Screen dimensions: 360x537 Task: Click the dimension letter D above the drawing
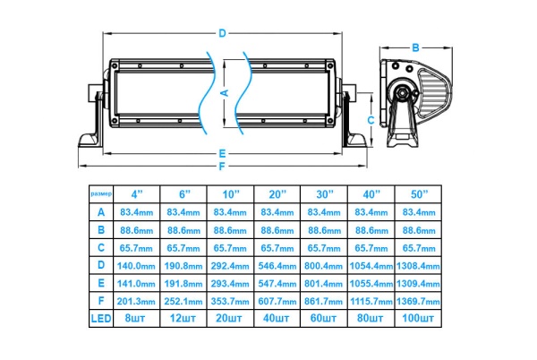(x=221, y=34)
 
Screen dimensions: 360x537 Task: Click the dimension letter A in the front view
(x=224, y=92)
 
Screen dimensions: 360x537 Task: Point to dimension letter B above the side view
(x=415, y=47)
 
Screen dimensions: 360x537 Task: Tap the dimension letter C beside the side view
(x=371, y=118)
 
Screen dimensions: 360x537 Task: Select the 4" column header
(x=137, y=193)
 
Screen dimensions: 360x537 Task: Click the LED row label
(x=100, y=318)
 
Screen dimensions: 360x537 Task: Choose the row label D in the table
(x=100, y=265)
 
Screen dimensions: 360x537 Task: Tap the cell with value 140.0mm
(x=137, y=265)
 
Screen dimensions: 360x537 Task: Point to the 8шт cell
(x=137, y=318)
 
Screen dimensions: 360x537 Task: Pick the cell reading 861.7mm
(x=323, y=300)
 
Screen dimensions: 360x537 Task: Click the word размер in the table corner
(x=100, y=193)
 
